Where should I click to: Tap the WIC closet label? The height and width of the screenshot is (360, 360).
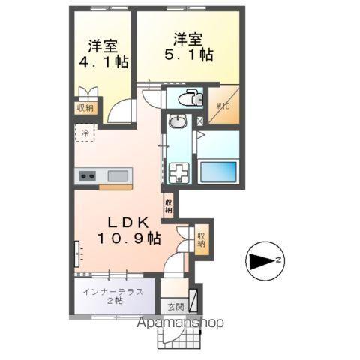click(223, 106)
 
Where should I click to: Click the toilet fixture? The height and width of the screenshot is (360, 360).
click(190, 98)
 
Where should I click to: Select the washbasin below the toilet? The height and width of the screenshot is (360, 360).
click(178, 123)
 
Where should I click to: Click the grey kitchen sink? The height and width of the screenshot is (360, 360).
click(118, 177)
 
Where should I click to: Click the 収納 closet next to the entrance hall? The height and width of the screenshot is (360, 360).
click(201, 240)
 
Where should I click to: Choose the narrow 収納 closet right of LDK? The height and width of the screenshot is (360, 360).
click(169, 205)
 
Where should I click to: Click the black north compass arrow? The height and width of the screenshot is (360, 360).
click(262, 261)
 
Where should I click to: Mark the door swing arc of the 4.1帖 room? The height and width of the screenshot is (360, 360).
click(118, 112)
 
